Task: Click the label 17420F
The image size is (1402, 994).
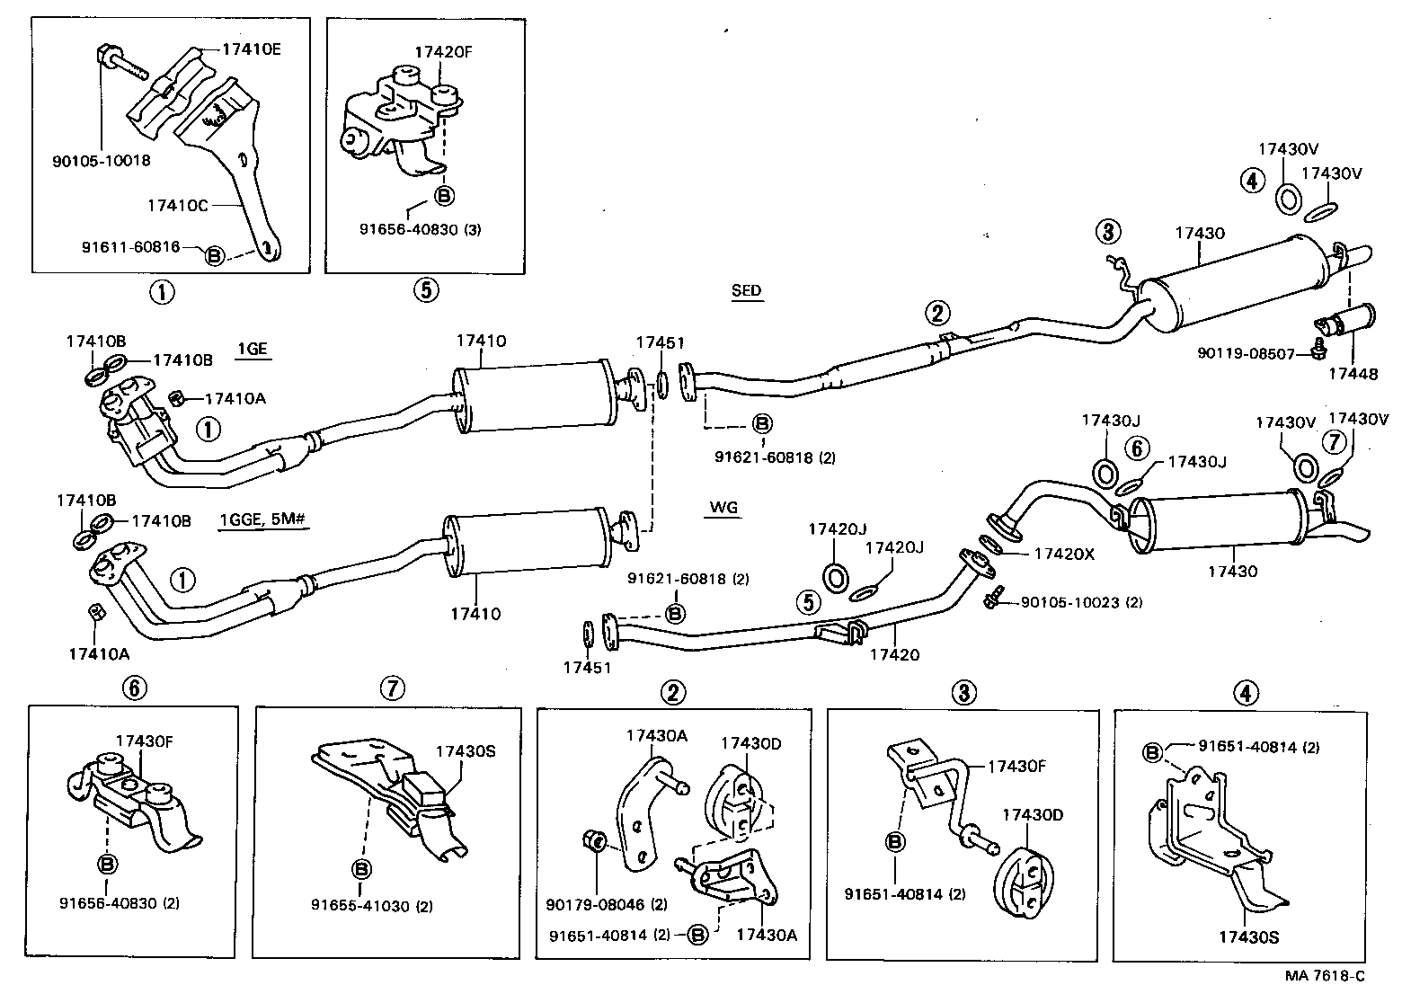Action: [443, 51]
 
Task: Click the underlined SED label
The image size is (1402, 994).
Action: [746, 290]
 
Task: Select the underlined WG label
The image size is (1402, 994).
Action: [723, 508]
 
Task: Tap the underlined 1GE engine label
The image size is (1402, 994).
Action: [253, 350]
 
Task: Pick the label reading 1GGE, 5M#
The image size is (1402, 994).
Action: [263, 520]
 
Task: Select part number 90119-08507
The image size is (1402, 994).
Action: [1245, 354]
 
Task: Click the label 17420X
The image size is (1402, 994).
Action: [1064, 555]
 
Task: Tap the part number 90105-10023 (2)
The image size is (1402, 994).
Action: [1081, 602]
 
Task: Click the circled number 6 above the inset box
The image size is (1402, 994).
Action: [134, 688]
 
